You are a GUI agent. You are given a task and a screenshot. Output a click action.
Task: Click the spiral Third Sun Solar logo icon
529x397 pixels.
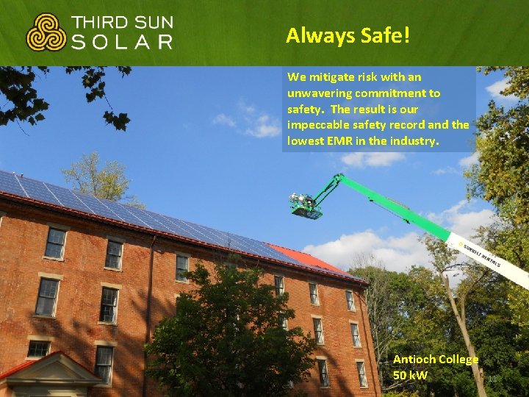[46, 32]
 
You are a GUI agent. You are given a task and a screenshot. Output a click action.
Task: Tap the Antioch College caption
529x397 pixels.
[436, 360]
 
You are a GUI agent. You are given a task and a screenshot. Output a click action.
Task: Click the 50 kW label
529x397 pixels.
[410, 376]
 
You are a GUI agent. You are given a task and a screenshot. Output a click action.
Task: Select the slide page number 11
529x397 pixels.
[493, 379]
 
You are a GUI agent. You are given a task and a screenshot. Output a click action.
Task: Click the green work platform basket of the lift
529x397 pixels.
[306, 209]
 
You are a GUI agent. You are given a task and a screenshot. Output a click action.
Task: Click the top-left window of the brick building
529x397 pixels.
[55, 243]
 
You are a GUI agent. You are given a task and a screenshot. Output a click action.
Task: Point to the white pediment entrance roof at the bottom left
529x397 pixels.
[51, 368]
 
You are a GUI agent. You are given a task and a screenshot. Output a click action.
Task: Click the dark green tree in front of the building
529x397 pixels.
[220, 331]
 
